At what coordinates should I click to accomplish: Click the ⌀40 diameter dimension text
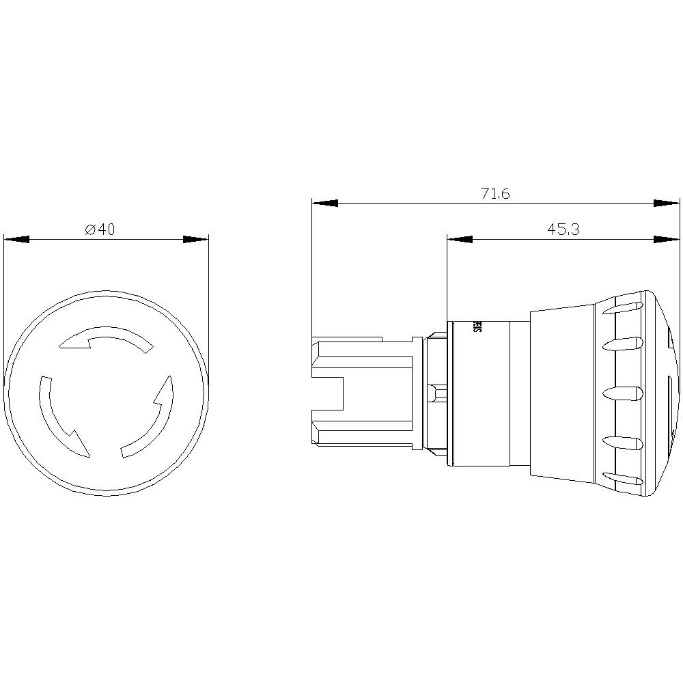pyautogui.click(x=100, y=230)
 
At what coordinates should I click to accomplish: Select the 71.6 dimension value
pyautogui.click(x=495, y=194)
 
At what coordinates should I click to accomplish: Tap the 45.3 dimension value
pyautogui.click(x=563, y=230)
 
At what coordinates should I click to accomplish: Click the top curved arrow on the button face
pyautogui.click(x=106, y=338)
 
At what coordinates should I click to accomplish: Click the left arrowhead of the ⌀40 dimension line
pyautogui.click(x=17, y=240)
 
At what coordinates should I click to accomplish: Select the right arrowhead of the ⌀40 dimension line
pyautogui.click(x=195, y=240)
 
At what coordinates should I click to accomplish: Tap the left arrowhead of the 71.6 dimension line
pyautogui.click(x=325, y=203)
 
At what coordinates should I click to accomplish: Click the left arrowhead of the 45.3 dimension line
pyautogui.click(x=460, y=240)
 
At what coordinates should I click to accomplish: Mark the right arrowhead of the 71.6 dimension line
pyautogui.click(x=667, y=203)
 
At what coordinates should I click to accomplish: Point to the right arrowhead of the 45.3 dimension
pyautogui.click(x=667, y=240)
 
